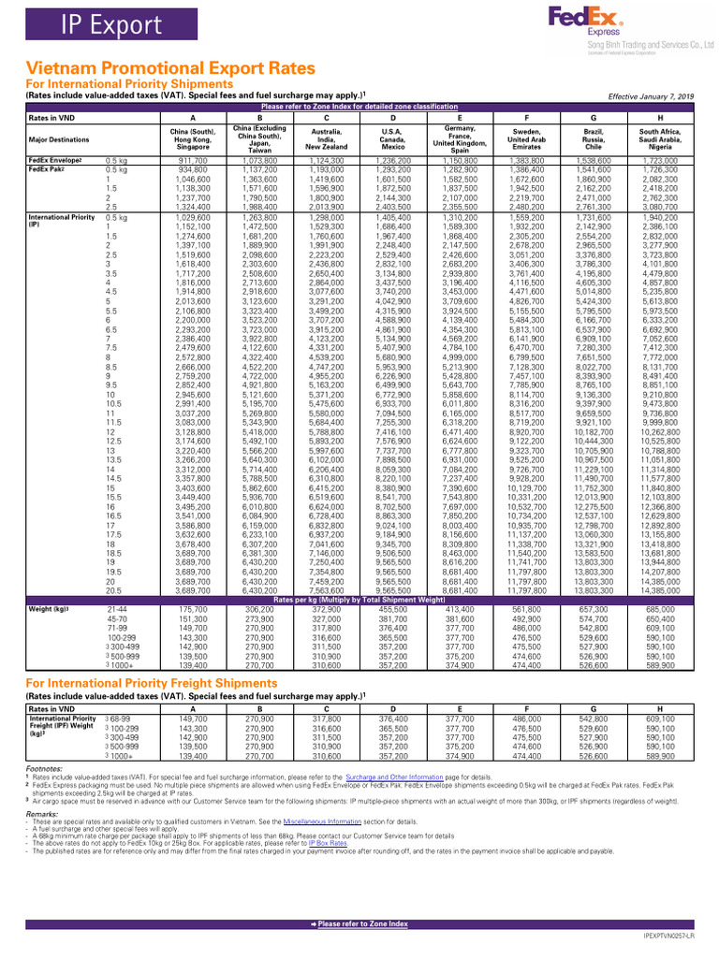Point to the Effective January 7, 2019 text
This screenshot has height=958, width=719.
(651, 96)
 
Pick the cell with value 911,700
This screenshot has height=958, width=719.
(193, 161)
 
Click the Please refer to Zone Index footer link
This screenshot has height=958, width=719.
(359, 924)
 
